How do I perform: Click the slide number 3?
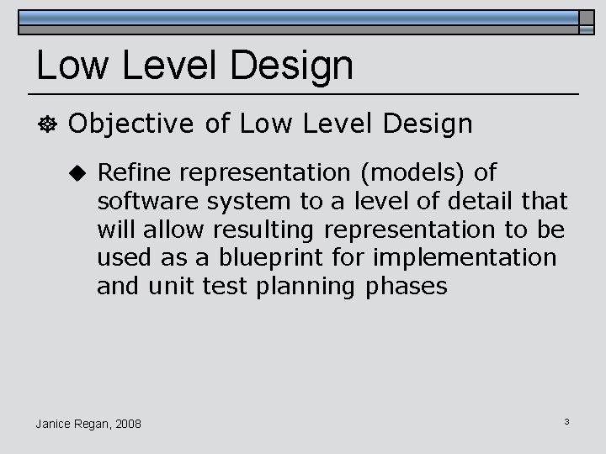(x=567, y=420)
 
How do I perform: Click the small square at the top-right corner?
(x=587, y=23)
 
